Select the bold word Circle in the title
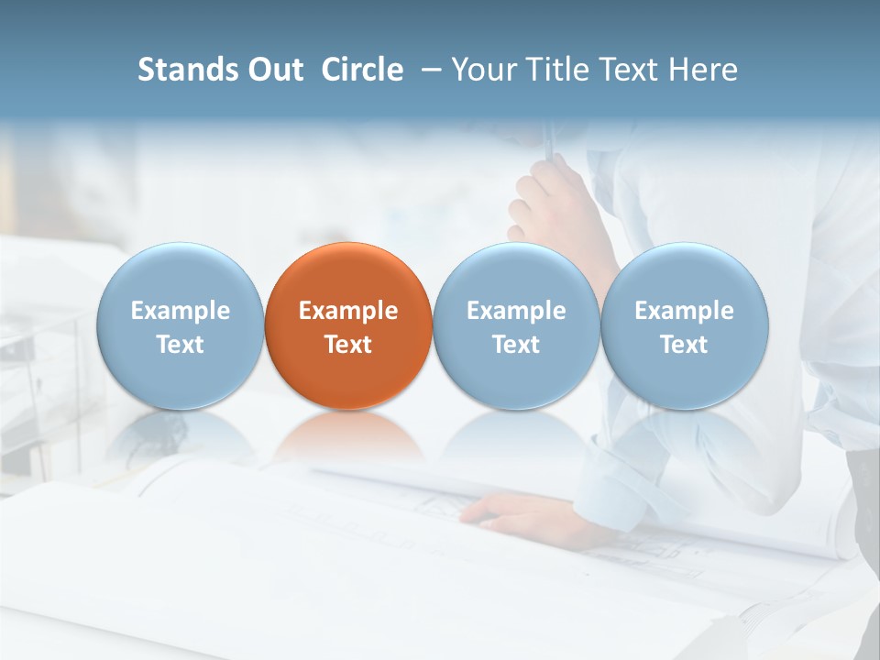coord(362,70)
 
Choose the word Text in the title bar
coord(629,70)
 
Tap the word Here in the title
coord(703,70)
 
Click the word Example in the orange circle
coord(348,311)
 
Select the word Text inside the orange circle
coord(348,345)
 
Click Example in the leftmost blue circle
coord(180,311)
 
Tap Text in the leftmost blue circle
coord(180,345)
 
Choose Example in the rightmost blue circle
coord(684,311)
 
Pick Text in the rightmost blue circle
coord(684,345)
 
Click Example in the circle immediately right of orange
coord(516,311)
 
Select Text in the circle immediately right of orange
coord(516,345)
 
